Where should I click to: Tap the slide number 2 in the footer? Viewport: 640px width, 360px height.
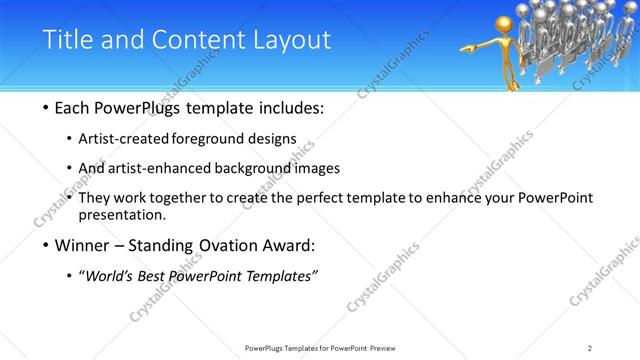pos(590,348)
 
